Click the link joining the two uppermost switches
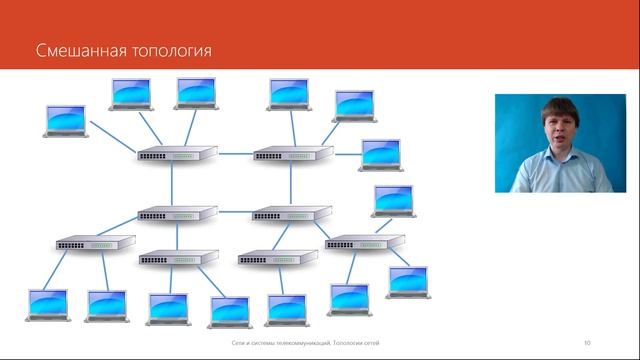pyautogui.click(x=234, y=155)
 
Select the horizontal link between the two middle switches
pyautogui.click(x=234, y=213)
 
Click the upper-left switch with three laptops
pyautogui.click(x=176, y=155)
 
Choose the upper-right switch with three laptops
pyautogui.click(x=292, y=155)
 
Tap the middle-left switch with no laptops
pyautogui.click(x=176, y=213)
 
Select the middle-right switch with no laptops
pyautogui.click(x=292, y=213)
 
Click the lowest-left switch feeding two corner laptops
pyautogui.click(x=94, y=243)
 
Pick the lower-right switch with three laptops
pyautogui.click(x=364, y=242)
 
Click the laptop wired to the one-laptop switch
pyautogui.click(x=286, y=307)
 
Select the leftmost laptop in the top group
pyautogui.click(x=65, y=120)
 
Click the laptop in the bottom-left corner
pyautogui.click(x=48, y=304)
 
